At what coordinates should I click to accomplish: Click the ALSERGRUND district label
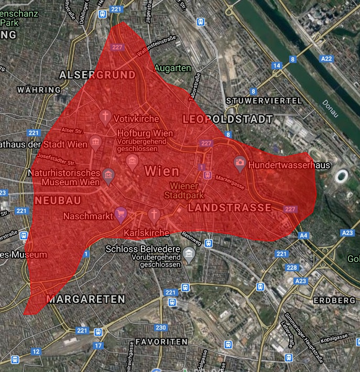click(x=97, y=75)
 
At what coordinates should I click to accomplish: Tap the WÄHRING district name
click(x=39, y=90)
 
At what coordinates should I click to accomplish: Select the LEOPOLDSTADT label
click(x=227, y=120)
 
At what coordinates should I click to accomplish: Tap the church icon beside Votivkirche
click(x=105, y=116)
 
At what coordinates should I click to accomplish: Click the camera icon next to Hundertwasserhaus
click(x=240, y=163)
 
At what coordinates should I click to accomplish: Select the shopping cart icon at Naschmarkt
click(x=121, y=213)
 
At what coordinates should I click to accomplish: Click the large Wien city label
click(x=161, y=171)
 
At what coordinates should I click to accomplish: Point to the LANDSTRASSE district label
click(x=230, y=208)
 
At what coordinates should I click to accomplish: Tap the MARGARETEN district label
click(x=85, y=299)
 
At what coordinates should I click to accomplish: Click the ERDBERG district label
click(x=334, y=300)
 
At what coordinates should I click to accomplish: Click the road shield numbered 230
click(x=161, y=328)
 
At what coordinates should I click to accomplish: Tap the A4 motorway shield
click(x=304, y=236)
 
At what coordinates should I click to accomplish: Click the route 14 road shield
click(x=277, y=66)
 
